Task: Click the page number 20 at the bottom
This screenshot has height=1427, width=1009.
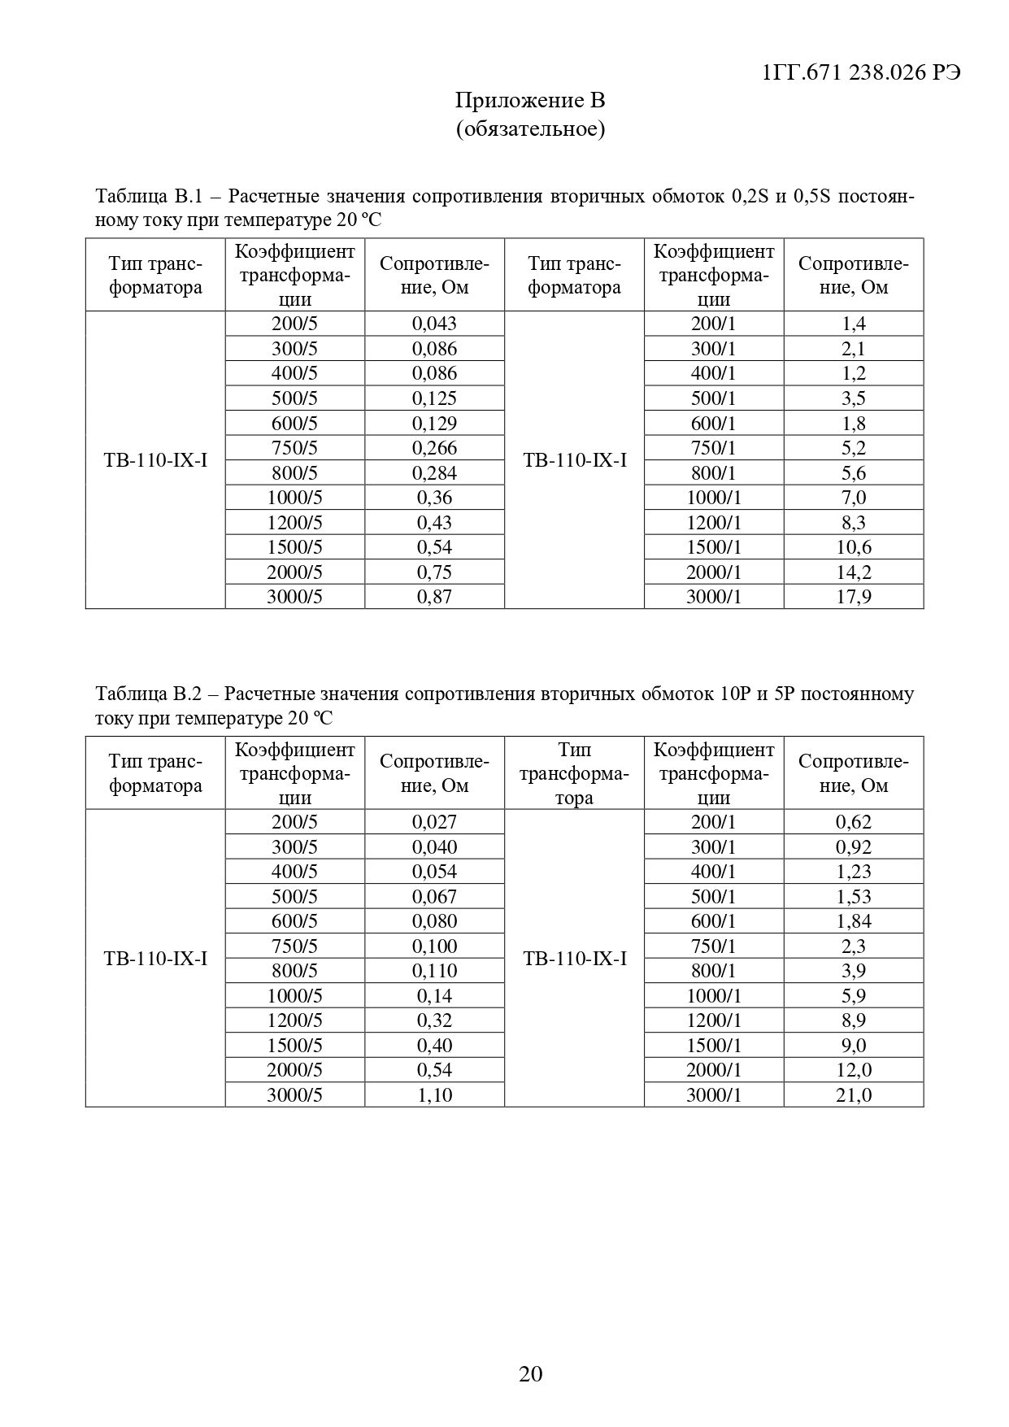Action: click(530, 1373)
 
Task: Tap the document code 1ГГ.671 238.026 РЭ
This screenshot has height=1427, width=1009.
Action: click(862, 72)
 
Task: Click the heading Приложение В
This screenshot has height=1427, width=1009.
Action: click(530, 101)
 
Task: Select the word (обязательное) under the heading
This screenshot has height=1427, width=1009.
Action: click(530, 128)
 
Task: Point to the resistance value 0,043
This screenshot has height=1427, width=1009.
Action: click(434, 324)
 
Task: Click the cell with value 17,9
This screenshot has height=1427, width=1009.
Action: click(854, 597)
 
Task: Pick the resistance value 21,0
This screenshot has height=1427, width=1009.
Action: click(854, 1095)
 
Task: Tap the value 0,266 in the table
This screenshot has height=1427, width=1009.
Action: click(434, 448)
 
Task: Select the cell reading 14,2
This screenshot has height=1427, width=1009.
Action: click(854, 572)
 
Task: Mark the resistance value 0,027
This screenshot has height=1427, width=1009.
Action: click(434, 822)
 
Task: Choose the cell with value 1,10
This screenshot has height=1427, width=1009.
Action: click(434, 1095)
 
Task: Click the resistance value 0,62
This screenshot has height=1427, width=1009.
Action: click(854, 822)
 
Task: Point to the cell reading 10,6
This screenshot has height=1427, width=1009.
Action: click(854, 547)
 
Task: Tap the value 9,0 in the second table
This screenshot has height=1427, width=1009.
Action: click(854, 1046)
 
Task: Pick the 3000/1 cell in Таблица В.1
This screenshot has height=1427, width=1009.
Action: click(714, 597)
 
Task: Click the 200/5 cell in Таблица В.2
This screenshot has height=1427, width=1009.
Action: click(294, 822)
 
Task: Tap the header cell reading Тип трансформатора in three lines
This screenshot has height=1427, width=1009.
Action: click(574, 773)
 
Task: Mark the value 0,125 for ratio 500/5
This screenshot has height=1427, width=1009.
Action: click(434, 398)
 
